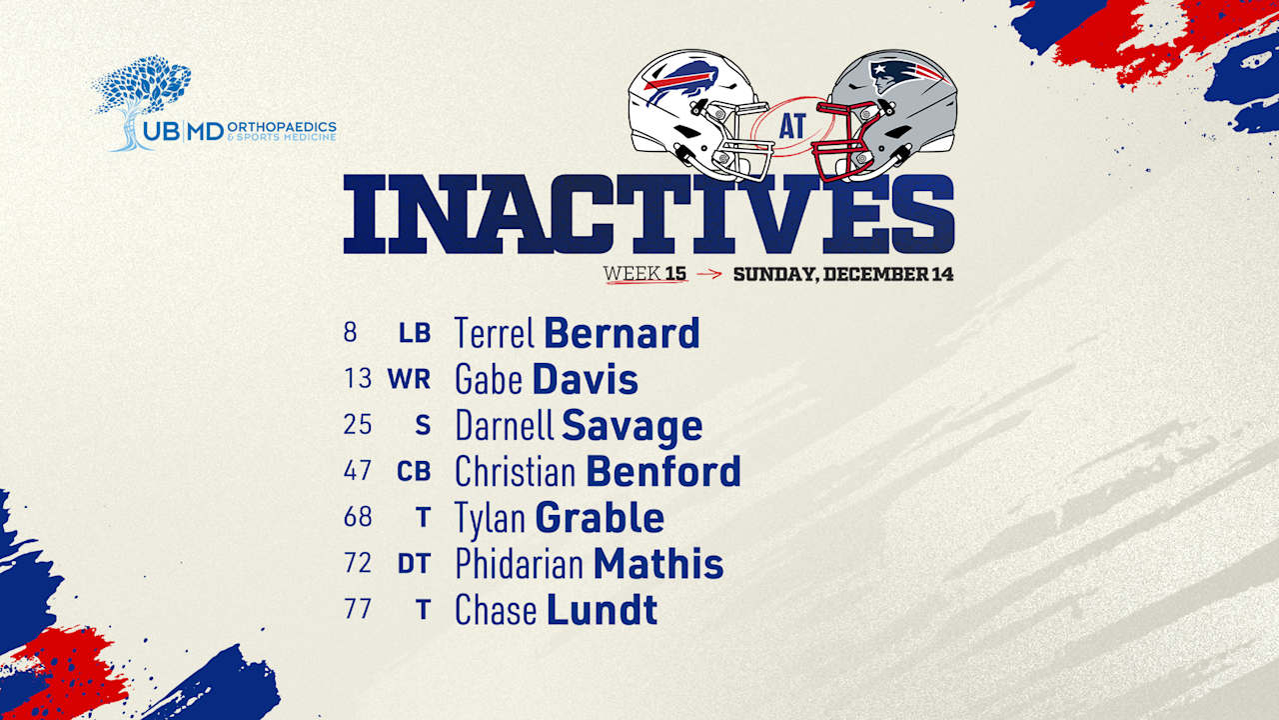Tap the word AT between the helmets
point(792,126)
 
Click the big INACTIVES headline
point(648,214)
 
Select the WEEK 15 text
point(644,274)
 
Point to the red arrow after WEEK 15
point(709,274)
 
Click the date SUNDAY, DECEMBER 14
point(843,274)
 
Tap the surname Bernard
point(622,333)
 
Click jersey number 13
point(358,378)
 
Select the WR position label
point(409,379)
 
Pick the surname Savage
point(633,426)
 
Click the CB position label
point(414,471)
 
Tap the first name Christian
point(515,471)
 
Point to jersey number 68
point(358,517)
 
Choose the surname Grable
point(600,518)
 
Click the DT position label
point(414,564)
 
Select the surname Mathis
point(658,564)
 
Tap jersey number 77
point(358,609)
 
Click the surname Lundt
point(602,610)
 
